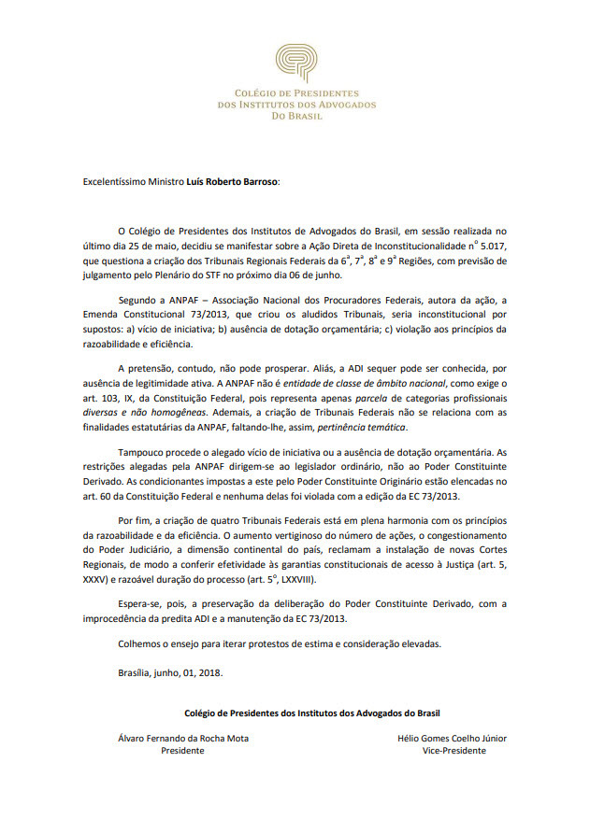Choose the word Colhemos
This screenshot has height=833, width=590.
142,642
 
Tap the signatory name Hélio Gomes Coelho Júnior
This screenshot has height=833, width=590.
453,738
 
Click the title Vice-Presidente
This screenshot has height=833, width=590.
453,751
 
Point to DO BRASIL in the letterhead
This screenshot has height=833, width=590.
295,117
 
